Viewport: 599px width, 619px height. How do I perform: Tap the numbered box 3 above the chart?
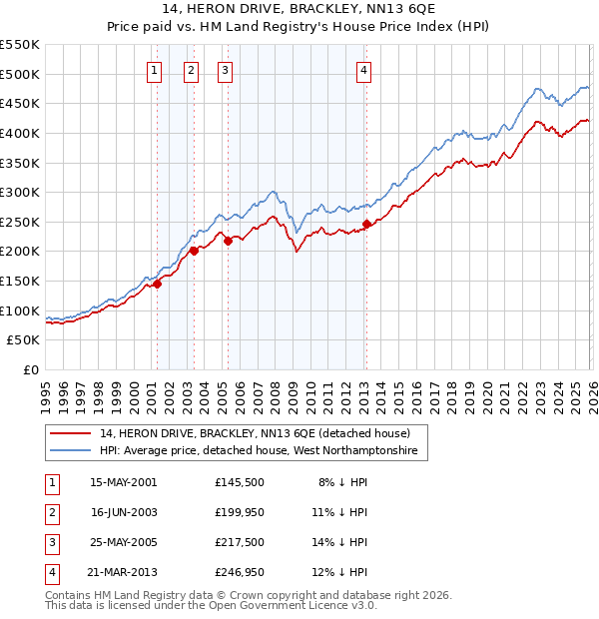pyautogui.click(x=226, y=70)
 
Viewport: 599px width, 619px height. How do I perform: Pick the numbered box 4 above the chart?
pyautogui.click(x=364, y=70)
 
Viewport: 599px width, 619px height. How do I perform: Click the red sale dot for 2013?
pyautogui.click(x=366, y=224)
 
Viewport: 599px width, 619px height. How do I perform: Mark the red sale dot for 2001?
pyautogui.click(x=157, y=285)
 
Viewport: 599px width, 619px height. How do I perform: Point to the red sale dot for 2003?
pyautogui.click(x=194, y=252)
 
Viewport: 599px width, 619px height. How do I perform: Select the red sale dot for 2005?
pyautogui.click(x=228, y=241)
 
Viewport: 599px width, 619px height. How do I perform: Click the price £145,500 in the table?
pyautogui.click(x=240, y=481)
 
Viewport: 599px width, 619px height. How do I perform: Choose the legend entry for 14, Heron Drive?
pyautogui.click(x=255, y=434)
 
